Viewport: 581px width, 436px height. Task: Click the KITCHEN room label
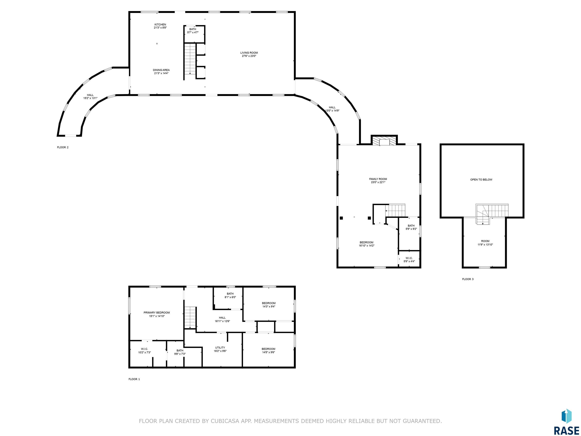click(x=160, y=24)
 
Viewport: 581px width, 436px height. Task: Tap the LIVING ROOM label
click(x=249, y=53)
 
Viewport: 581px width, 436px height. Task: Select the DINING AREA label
click(x=161, y=70)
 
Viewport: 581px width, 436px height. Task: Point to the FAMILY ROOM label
click(x=378, y=179)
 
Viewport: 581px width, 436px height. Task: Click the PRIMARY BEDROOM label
click(x=157, y=312)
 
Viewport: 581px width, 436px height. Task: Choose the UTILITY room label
click(x=220, y=347)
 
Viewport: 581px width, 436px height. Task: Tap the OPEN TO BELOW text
click(x=481, y=180)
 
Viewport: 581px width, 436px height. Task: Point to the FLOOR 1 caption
click(x=134, y=379)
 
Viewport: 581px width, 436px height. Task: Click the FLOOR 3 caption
click(x=468, y=279)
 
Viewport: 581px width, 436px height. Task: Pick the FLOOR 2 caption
click(x=63, y=147)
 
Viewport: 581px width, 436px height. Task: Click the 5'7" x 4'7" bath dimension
click(x=193, y=32)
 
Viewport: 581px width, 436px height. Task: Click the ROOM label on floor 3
click(x=485, y=241)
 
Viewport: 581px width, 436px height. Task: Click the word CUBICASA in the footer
click(x=225, y=421)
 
